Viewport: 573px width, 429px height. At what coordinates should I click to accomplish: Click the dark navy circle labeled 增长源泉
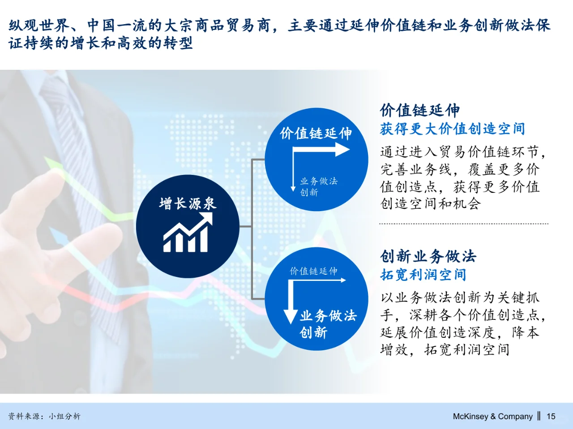(x=187, y=226)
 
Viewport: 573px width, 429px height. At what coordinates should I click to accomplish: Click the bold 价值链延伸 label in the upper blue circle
(x=316, y=133)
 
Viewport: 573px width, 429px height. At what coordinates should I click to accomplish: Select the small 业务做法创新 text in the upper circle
(x=318, y=187)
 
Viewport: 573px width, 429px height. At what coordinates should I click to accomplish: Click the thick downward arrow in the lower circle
(x=291, y=304)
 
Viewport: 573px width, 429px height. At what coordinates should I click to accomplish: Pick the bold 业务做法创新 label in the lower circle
(x=327, y=324)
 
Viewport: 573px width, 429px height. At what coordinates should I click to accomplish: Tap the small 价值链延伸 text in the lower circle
(x=313, y=271)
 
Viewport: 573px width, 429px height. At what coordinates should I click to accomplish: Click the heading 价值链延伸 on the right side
(x=419, y=110)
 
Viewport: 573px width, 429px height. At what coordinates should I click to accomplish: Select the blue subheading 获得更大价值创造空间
(x=452, y=129)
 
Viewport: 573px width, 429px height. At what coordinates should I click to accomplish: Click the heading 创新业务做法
(x=428, y=256)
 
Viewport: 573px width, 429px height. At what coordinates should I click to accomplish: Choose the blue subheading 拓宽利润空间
(x=423, y=275)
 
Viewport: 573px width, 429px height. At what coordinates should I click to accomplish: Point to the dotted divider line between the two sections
(x=463, y=224)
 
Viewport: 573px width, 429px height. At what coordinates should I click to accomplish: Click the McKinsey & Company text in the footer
(x=492, y=416)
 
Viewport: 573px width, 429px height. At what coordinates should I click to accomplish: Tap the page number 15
(x=551, y=416)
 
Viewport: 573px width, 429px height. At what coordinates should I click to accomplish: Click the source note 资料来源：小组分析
(x=44, y=416)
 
